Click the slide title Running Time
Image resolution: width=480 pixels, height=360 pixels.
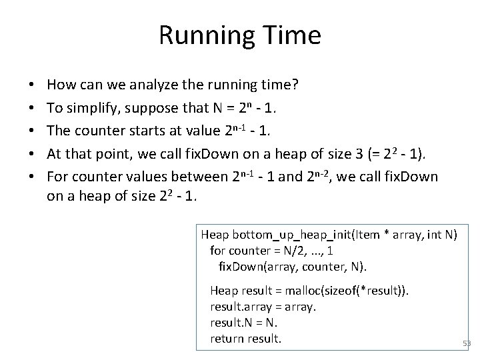(x=240, y=35)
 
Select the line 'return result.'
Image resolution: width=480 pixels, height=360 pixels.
(x=246, y=339)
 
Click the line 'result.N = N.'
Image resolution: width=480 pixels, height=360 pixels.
(x=243, y=323)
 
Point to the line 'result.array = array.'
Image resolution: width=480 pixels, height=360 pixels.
(x=263, y=307)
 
